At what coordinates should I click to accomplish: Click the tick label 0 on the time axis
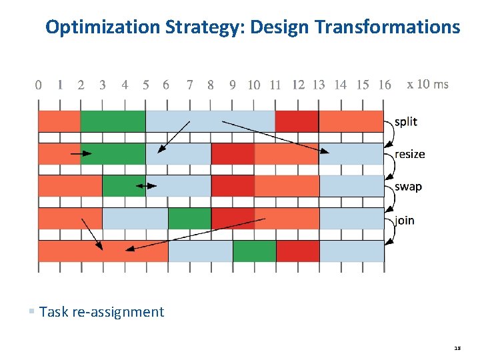click(38, 85)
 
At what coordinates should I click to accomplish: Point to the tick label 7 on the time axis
click(190, 85)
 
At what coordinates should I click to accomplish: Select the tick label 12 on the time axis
click(298, 85)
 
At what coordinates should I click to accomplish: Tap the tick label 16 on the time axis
click(384, 85)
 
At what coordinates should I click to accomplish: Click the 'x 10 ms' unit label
click(427, 84)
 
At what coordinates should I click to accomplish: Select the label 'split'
click(405, 121)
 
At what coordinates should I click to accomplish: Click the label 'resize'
click(409, 154)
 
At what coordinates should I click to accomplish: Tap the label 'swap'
click(408, 187)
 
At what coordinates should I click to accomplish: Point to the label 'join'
click(405, 220)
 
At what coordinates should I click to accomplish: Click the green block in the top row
click(113, 121)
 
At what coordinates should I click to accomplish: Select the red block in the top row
click(297, 121)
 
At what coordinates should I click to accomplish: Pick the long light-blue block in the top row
click(210, 121)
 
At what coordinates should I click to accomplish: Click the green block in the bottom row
click(254, 251)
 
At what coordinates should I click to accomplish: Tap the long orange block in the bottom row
click(103, 251)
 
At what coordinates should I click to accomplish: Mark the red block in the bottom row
click(297, 251)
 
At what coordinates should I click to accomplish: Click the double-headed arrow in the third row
click(146, 186)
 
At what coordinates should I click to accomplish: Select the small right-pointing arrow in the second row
click(81, 153)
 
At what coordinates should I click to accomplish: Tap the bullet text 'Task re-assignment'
click(101, 311)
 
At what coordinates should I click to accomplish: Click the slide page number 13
click(457, 348)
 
